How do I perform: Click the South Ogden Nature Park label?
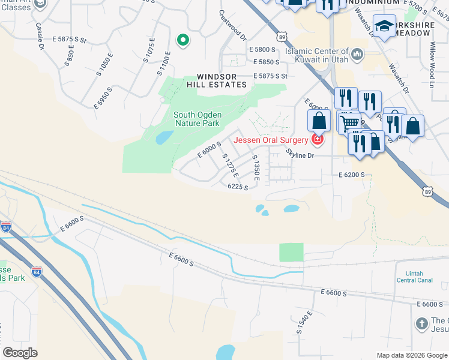(x=196, y=119)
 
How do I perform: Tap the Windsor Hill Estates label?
(x=221, y=81)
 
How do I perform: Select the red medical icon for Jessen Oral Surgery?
(x=317, y=140)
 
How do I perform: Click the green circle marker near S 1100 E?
(x=183, y=40)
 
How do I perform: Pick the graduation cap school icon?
(x=384, y=26)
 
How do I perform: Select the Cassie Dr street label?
(x=40, y=36)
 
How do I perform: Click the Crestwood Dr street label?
(x=234, y=25)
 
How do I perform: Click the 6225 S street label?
(x=238, y=187)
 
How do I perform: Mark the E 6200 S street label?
(x=352, y=175)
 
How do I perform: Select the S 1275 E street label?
(x=231, y=166)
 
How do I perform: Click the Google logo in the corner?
(x=20, y=353)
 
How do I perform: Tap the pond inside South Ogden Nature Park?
(x=164, y=138)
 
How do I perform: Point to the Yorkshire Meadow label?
(x=410, y=28)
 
